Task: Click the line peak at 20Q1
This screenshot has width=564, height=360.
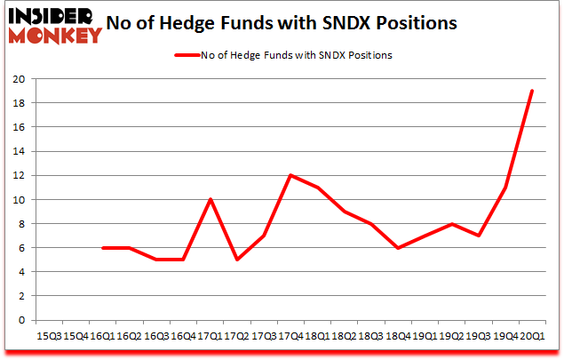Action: tap(532, 91)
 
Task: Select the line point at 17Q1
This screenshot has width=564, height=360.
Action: tap(211, 199)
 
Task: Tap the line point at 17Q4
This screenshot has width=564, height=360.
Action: tap(290, 175)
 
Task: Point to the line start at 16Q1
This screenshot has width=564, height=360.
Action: tap(104, 248)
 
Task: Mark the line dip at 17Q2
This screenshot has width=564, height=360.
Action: tap(237, 260)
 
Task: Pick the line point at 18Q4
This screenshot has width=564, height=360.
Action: tap(398, 248)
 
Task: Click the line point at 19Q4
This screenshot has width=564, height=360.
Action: tap(504, 188)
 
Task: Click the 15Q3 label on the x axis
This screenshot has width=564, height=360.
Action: tap(50, 336)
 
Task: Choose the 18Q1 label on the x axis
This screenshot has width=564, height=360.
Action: tap(317, 336)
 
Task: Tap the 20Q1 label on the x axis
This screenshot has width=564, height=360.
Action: tap(532, 336)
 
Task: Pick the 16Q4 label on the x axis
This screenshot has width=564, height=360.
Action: tap(184, 336)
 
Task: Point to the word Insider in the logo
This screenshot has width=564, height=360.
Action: tap(55, 15)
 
